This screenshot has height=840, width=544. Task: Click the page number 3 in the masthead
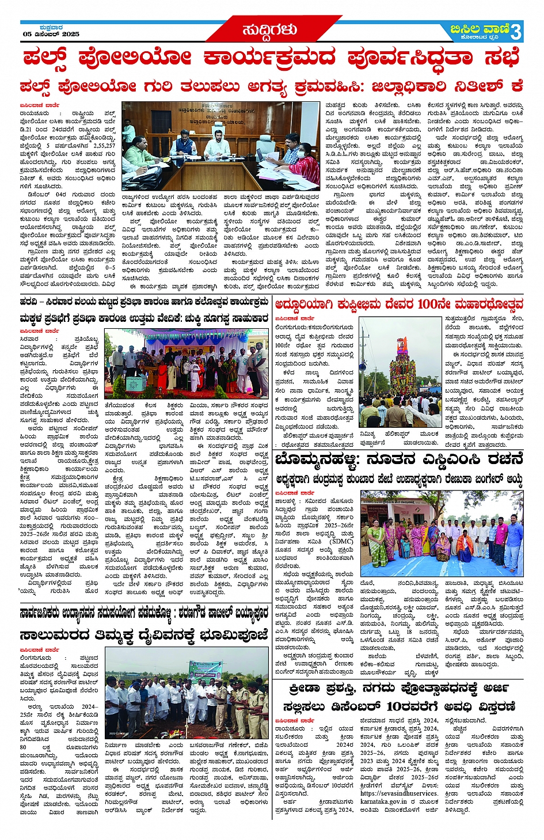516,32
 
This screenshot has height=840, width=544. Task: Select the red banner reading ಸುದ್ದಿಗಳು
269,29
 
